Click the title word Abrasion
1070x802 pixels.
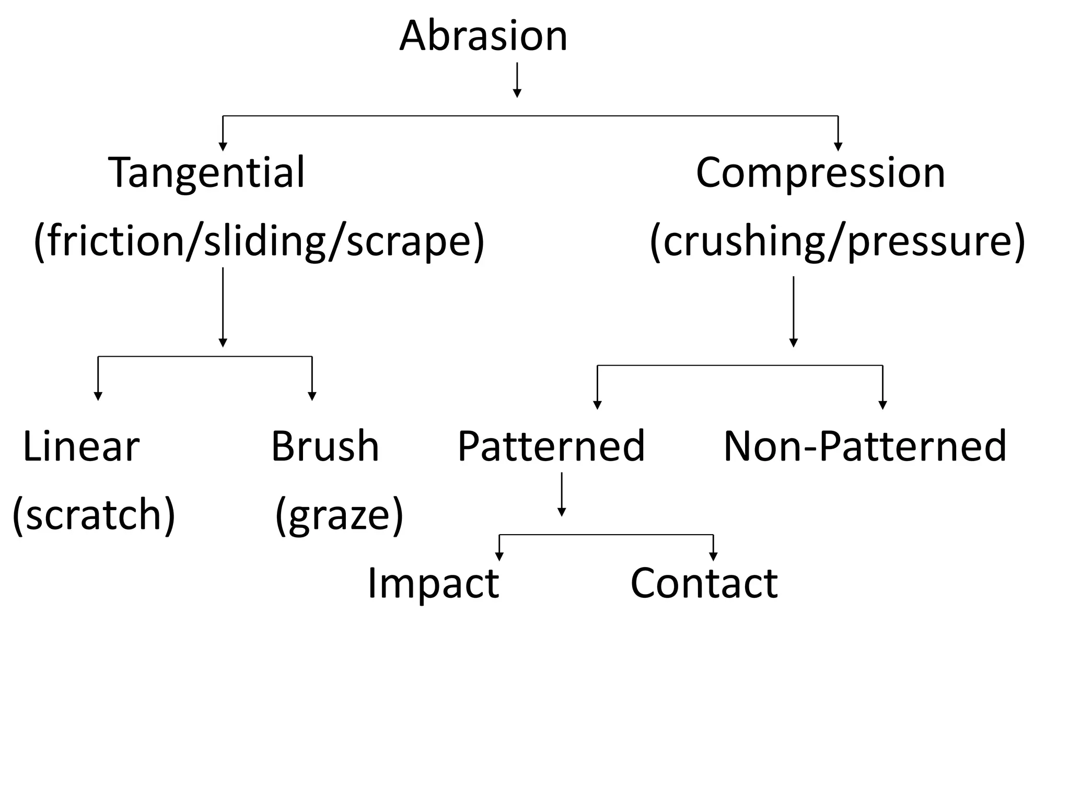[x=483, y=36]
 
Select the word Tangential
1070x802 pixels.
[x=206, y=172]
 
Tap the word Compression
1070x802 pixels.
[x=820, y=172]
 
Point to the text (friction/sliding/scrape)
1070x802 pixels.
[x=259, y=241]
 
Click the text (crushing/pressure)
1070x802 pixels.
[x=837, y=241]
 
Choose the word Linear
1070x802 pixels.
[x=82, y=446]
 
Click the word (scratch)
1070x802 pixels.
[x=94, y=515]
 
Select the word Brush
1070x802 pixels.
[x=325, y=446]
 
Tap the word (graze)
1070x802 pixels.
[x=339, y=515]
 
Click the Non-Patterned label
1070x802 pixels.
[x=865, y=446]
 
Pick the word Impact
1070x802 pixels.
[x=433, y=583]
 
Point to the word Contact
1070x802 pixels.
[x=704, y=583]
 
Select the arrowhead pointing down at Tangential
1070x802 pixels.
[x=223, y=146]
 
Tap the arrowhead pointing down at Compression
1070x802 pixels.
[x=838, y=146]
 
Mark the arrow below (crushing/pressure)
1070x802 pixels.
[x=793, y=312]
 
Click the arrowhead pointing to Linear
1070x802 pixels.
[x=98, y=396]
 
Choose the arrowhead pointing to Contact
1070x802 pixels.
[x=713, y=556]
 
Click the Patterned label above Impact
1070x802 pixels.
[x=551, y=446]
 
